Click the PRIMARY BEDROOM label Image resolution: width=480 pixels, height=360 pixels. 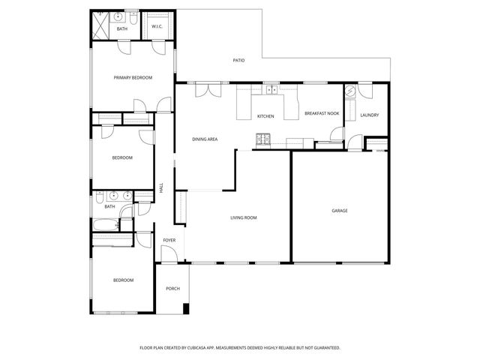click(x=133, y=77)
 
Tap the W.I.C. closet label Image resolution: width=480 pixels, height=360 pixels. click(x=157, y=27)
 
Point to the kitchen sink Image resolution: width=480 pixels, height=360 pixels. click(x=271, y=91)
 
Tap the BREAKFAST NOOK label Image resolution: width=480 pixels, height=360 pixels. click(x=322, y=113)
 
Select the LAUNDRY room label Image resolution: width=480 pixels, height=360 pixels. click(x=369, y=115)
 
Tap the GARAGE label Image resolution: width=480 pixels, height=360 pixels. click(x=340, y=211)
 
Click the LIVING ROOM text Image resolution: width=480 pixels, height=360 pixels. click(x=244, y=217)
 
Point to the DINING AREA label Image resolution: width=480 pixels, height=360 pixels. click(x=205, y=139)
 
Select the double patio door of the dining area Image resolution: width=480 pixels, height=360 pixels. click(x=205, y=89)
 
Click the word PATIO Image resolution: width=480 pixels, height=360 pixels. click(x=238, y=60)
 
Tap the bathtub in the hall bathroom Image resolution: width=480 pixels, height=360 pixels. click(x=105, y=224)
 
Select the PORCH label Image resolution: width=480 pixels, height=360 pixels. click(x=172, y=288)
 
